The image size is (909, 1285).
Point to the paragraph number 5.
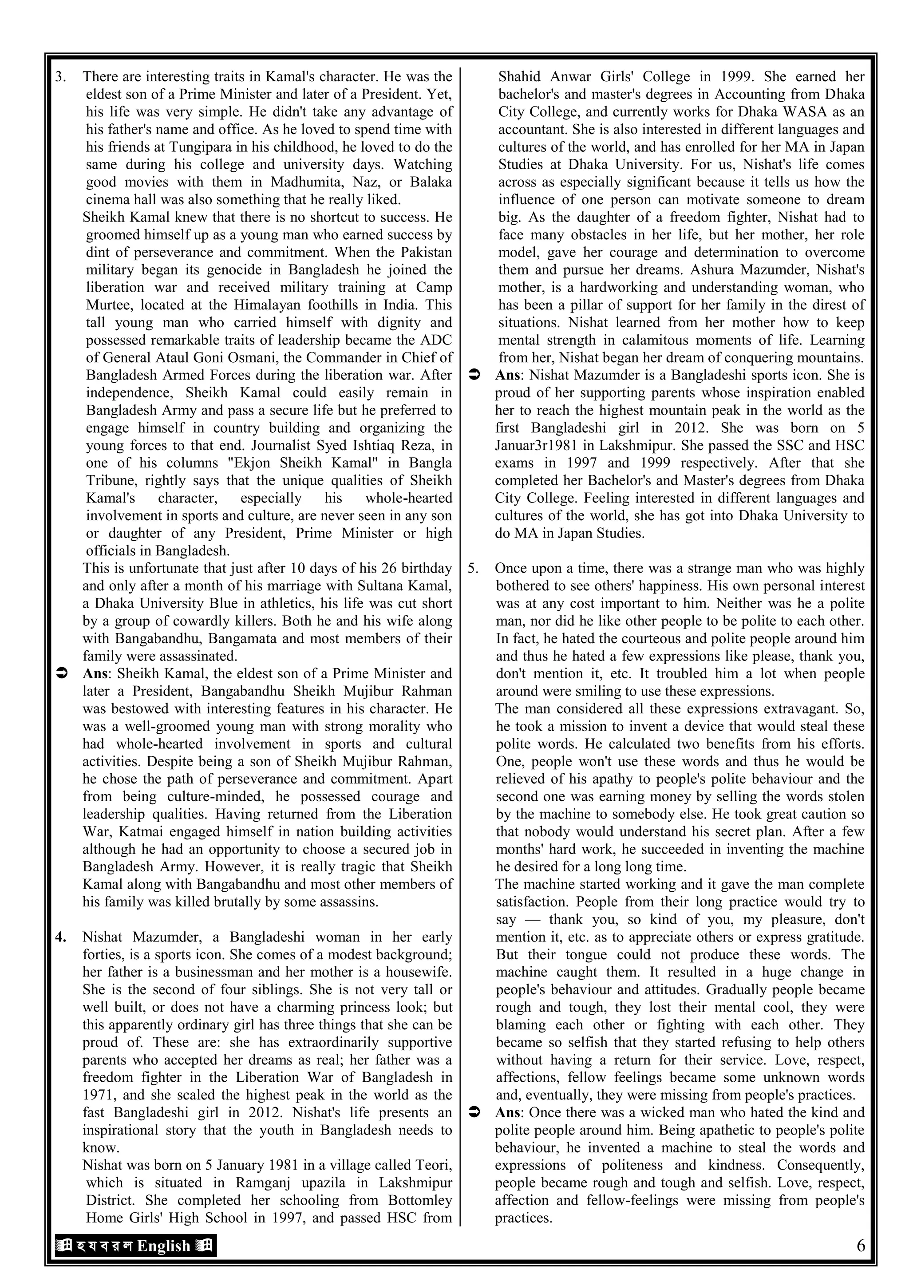click(x=474, y=568)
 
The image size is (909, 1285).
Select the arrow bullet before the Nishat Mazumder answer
click(x=474, y=376)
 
